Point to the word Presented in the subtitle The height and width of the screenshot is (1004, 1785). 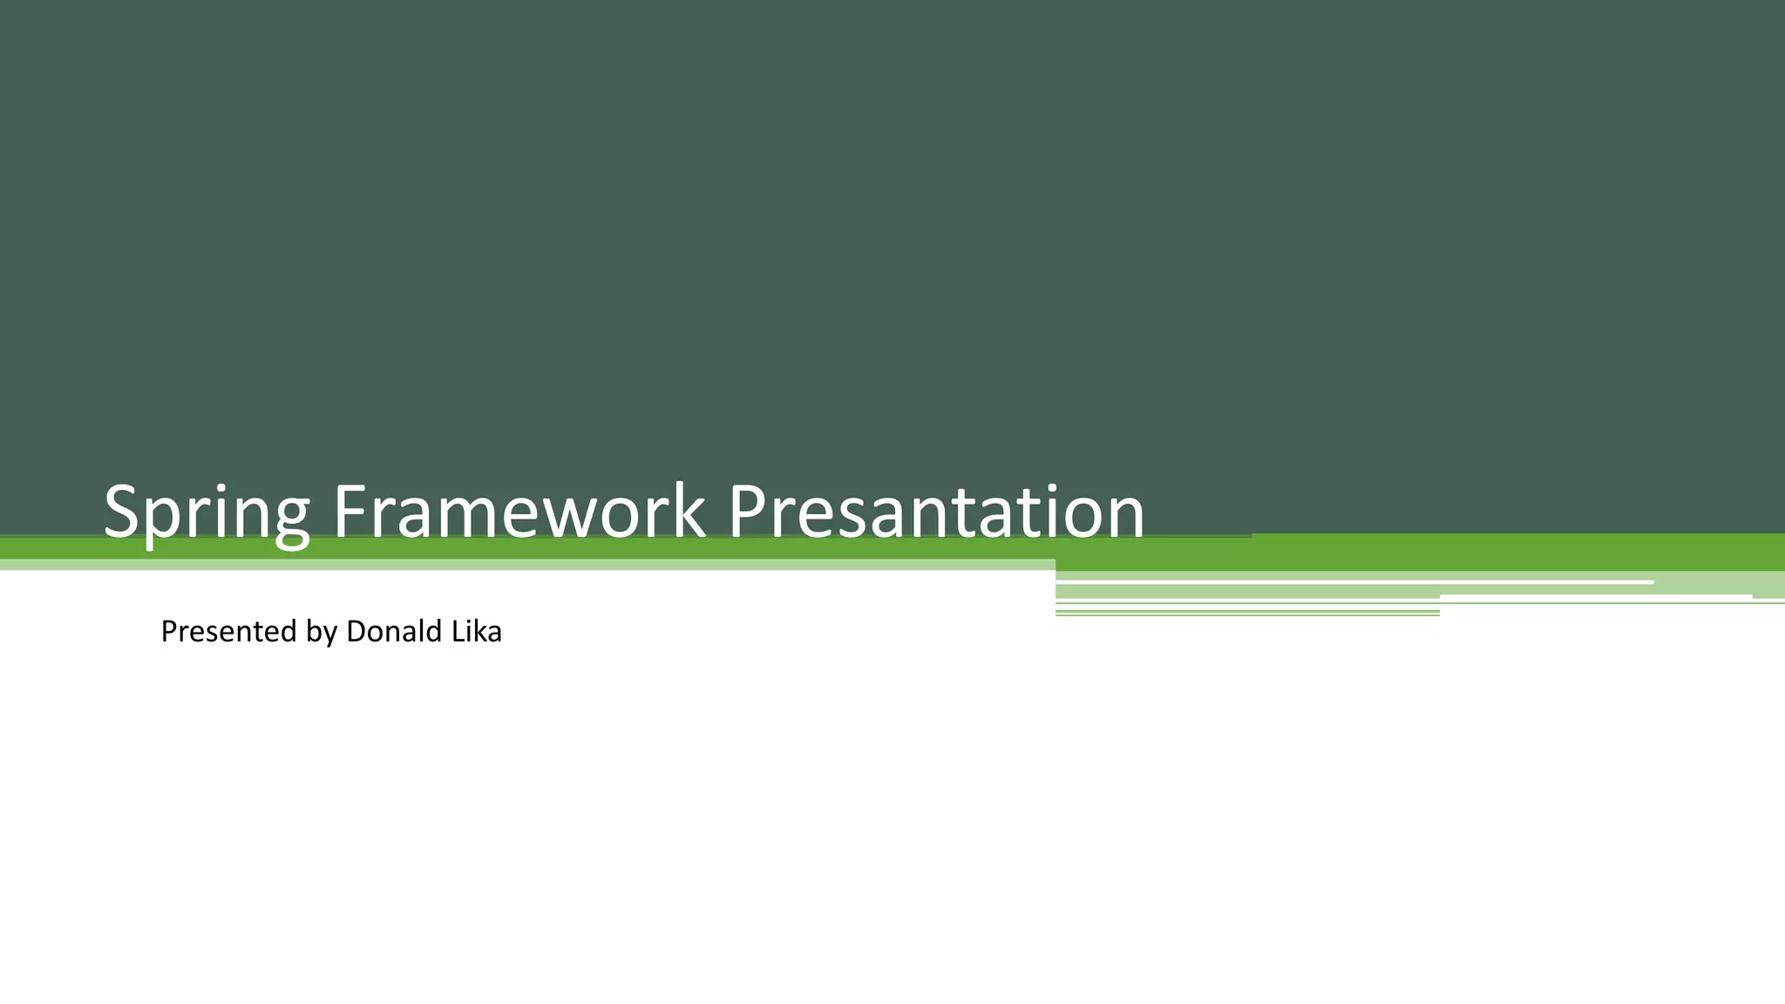(228, 631)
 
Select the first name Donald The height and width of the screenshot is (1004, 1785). (394, 631)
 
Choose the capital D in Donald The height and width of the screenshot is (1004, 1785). (356, 631)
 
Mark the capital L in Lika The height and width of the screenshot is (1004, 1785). (455, 631)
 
